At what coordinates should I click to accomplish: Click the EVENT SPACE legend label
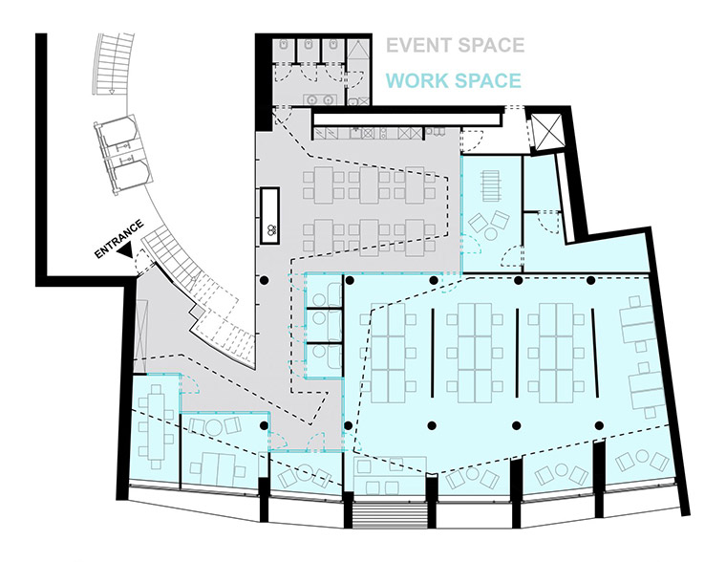455,45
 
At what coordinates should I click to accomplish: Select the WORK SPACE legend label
454,80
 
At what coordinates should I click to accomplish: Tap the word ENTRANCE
118,240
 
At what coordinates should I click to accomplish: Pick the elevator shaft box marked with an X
549,132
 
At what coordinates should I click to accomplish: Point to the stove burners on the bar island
271,229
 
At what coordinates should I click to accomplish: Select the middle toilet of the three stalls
308,47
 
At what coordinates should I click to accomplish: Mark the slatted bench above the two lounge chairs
489,182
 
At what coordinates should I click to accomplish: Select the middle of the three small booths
322,325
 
